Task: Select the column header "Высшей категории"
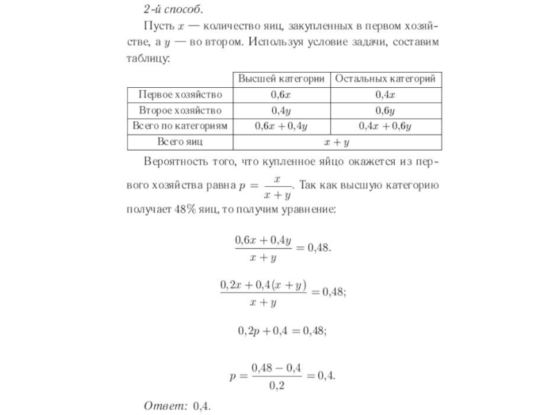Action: point(282,78)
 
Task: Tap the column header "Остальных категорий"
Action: point(385,78)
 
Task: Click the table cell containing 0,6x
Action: point(282,95)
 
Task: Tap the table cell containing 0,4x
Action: point(385,95)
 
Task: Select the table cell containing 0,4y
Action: point(282,111)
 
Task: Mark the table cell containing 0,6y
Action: point(385,111)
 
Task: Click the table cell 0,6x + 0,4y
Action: point(282,127)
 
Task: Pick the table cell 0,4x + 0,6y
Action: point(385,127)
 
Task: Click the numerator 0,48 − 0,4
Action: point(277,367)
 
